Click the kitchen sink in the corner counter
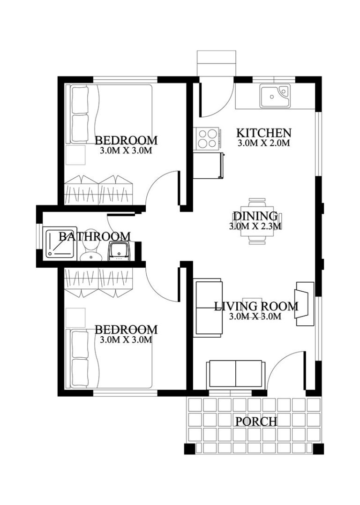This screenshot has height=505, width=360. tap(275, 96)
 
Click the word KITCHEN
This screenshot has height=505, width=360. tap(263, 132)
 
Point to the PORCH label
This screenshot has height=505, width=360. tap(256, 421)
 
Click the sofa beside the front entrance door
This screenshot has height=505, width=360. tap(235, 372)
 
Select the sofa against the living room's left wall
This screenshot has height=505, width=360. tap(208, 307)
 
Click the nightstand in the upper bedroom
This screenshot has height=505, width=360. tap(75, 155)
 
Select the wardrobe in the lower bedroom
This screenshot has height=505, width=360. tap(98, 283)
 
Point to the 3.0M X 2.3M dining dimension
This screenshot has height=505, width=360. tap(255, 226)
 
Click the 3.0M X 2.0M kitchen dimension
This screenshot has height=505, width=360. tap(263, 143)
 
